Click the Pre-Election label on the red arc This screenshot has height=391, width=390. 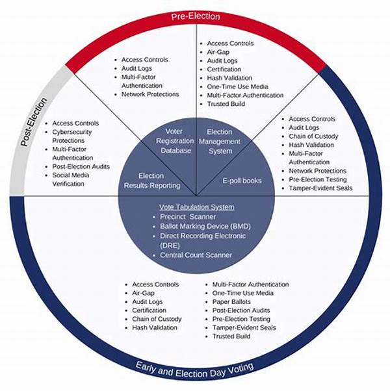(196, 17)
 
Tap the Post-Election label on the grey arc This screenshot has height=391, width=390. (33, 122)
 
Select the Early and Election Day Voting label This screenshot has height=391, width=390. (194, 371)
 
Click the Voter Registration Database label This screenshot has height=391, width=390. (175, 141)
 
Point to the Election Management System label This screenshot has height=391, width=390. (220, 142)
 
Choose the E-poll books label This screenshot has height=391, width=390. (242, 181)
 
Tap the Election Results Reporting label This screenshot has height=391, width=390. (152, 181)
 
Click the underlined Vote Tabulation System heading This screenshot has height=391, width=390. (196, 207)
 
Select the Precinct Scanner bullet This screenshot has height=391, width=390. (188, 217)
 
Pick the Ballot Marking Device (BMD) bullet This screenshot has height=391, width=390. (205, 227)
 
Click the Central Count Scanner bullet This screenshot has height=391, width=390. (196, 255)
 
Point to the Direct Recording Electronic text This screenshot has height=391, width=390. (203, 236)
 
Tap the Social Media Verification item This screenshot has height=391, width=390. (71, 179)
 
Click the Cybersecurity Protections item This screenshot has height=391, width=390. (72, 136)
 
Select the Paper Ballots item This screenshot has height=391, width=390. (231, 302)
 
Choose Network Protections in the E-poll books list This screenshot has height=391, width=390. (317, 171)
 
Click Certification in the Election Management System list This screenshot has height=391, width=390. (224, 69)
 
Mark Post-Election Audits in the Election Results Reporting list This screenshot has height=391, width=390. (81, 166)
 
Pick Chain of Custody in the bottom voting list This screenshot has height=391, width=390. (157, 319)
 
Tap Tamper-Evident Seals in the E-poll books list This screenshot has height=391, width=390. (320, 188)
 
